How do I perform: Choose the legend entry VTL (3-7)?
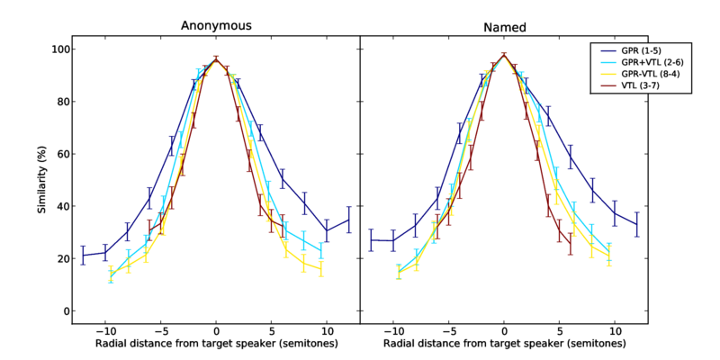pyautogui.click(x=643, y=86)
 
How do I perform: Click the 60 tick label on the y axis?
pyautogui.click(x=63, y=154)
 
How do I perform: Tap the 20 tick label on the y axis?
pyautogui.click(x=63, y=259)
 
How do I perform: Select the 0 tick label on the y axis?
pyautogui.click(x=66, y=311)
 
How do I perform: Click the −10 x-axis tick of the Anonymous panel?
pyautogui.click(x=104, y=330)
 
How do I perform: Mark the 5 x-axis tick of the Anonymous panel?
pyautogui.click(x=271, y=330)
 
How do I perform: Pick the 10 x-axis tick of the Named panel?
pyautogui.click(x=614, y=330)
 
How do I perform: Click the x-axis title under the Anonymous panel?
pyautogui.click(x=216, y=345)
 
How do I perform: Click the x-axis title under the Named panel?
pyautogui.click(x=503, y=345)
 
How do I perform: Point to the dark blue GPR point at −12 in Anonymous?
pyautogui.click(x=83, y=256)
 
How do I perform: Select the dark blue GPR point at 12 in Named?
pyautogui.click(x=637, y=224)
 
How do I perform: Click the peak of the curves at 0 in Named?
pyautogui.click(x=504, y=55)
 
